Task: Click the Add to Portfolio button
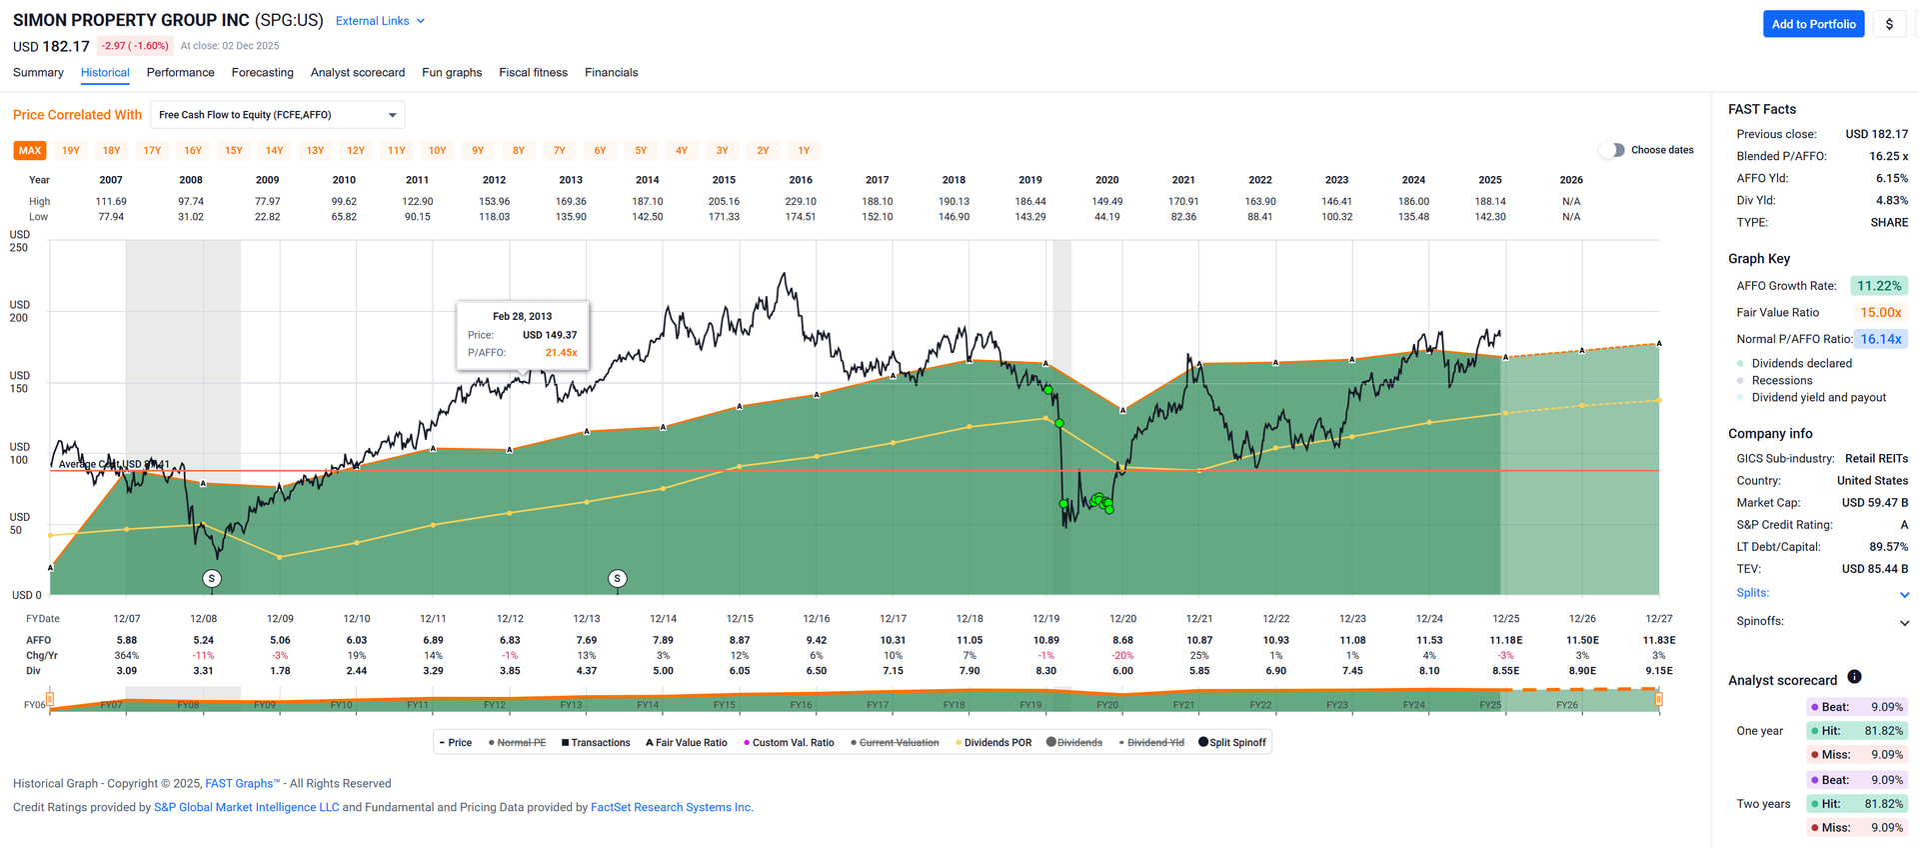coord(1813,24)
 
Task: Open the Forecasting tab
coord(262,73)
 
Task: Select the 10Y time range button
coord(437,151)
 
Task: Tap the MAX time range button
coord(30,151)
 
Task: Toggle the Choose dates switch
coord(1611,150)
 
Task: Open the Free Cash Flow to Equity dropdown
coord(278,115)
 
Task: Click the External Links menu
coord(380,21)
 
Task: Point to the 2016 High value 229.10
coord(801,202)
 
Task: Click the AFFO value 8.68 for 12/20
coord(1122,641)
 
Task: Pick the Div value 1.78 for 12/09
coord(280,671)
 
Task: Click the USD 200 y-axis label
coord(20,311)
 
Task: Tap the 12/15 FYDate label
coord(740,619)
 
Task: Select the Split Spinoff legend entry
coord(1232,743)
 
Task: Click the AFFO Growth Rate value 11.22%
coord(1879,286)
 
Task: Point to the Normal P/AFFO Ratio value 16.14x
coord(1880,339)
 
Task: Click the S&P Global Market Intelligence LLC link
coord(246,808)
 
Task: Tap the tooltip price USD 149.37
coord(550,335)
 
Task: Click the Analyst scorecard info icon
coord(1854,677)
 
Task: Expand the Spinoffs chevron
coord(1904,622)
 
